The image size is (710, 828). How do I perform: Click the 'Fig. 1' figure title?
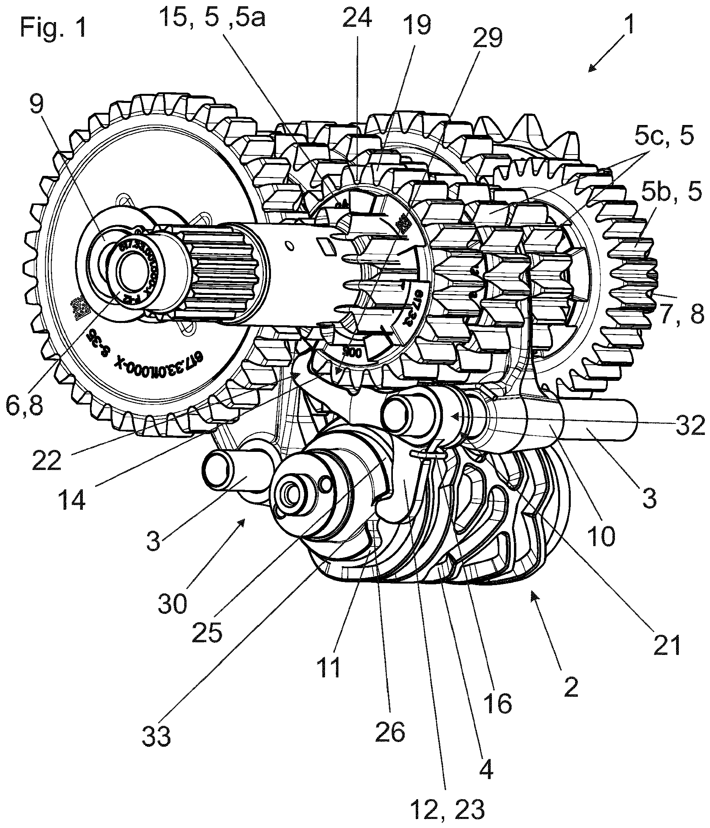coord(54,28)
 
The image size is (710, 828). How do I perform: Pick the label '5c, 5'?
coord(663,138)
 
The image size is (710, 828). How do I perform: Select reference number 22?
coord(47,460)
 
